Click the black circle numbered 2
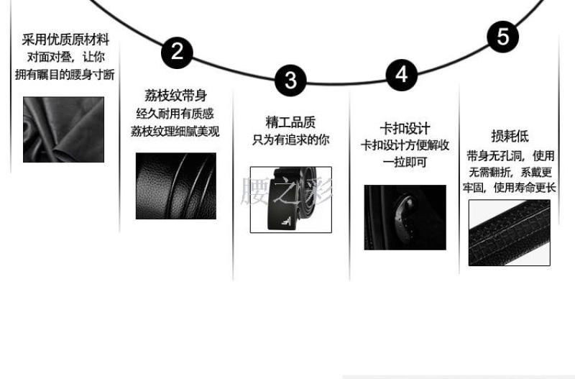(x=177, y=52)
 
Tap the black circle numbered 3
(x=290, y=81)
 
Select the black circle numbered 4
(x=402, y=75)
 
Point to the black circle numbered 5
(x=503, y=37)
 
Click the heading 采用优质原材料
(x=65, y=40)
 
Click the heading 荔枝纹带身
(x=175, y=96)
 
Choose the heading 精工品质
(x=290, y=122)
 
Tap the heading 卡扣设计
(x=405, y=129)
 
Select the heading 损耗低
(x=510, y=136)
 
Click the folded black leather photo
(x=63, y=129)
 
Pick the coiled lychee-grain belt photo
(x=176, y=186)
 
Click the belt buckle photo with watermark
(x=291, y=200)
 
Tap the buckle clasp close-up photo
(x=405, y=218)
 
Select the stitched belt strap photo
(x=510, y=232)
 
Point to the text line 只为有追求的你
(x=291, y=140)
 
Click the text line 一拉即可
(x=405, y=162)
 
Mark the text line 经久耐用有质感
(x=175, y=114)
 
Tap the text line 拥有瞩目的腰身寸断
(x=65, y=75)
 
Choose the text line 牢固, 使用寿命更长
(x=510, y=188)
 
